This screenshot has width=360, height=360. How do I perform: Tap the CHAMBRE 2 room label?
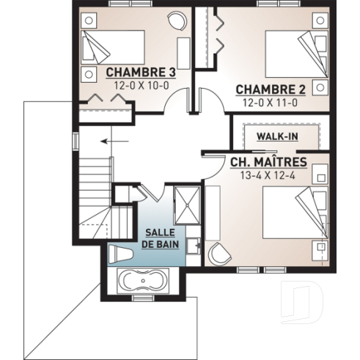(x=270, y=89)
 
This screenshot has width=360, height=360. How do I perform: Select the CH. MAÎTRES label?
(x=268, y=161)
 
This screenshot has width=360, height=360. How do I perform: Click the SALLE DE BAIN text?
(x=161, y=237)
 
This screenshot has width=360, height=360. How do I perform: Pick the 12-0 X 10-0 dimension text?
(x=142, y=85)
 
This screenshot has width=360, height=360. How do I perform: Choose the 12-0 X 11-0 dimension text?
(x=270, y=102)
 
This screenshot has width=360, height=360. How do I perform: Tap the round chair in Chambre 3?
(x=177, y=20)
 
